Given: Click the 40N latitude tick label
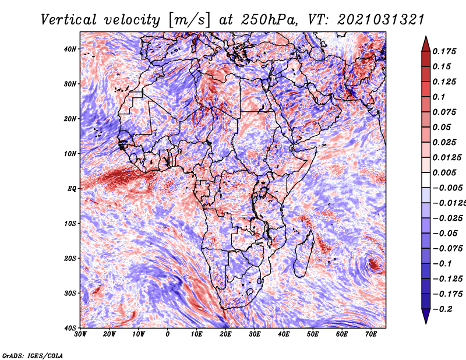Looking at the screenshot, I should point(70,49).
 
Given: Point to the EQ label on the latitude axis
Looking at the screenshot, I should point(72,189).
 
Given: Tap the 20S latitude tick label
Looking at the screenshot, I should point(70,258).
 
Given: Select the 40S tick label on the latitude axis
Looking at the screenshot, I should point(70,328).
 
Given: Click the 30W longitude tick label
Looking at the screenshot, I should point(80,334).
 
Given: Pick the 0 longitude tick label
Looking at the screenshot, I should point(168,334).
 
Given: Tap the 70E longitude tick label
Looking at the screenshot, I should point(371,334).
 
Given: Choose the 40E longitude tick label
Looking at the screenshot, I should point(284,334).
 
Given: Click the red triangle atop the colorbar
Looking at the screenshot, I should point(425,43).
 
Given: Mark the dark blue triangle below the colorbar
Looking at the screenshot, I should point(425,317).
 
